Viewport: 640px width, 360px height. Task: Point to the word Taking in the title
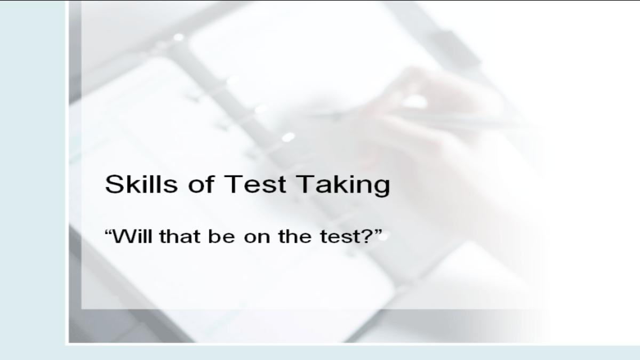(x=343, y=186)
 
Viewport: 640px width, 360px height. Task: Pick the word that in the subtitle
(x=180, y=236)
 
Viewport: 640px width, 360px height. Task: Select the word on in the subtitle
(x=257, y=238)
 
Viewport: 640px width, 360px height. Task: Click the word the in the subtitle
(x=295, y=236)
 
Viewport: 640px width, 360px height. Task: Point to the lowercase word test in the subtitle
(x=340, y=237)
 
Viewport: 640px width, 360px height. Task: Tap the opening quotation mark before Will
(x=108, y=231)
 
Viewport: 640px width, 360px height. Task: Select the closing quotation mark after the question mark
(x=378, y=231)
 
